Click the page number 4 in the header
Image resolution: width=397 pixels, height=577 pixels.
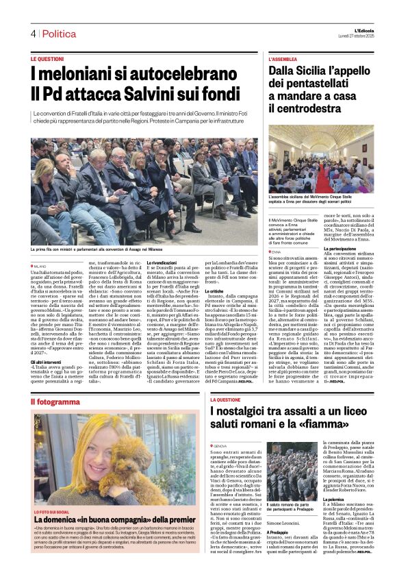pyautogui.click(x=33, y=34)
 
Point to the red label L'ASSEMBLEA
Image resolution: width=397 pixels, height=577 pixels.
pyautogui.click(x=285, y=60)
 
